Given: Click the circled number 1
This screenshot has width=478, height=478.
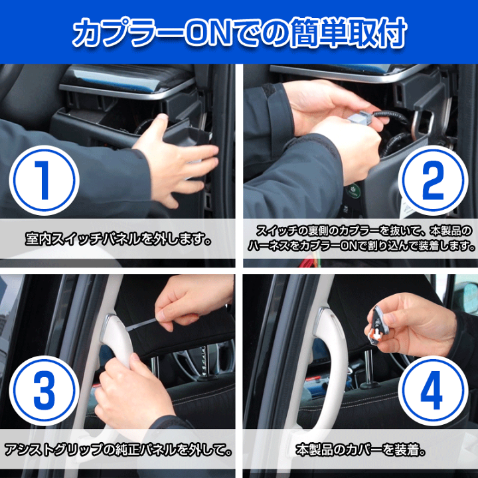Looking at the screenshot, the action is [x=44, y=181].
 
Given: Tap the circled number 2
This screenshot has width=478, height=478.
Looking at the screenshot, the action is [x=433, y=181].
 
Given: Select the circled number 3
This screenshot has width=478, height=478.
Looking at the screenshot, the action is [x=44, y=390].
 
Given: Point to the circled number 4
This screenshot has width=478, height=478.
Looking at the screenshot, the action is [x=433, y=390].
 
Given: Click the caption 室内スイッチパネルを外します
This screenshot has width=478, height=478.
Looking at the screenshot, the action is [x=118, y=239].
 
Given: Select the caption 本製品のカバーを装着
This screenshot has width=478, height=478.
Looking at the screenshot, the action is [x=360, y=450].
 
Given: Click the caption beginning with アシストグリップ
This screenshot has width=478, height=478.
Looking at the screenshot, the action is [x=118, y=450].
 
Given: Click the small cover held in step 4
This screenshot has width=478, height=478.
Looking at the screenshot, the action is [x=377, y=325].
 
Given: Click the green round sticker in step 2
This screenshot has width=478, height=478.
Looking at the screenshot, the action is [x=354, y=191].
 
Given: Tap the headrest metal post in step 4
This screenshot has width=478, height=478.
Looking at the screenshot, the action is [x=368, y=367].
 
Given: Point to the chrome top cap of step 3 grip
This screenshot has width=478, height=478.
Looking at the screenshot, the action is [x=108, y=325].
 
